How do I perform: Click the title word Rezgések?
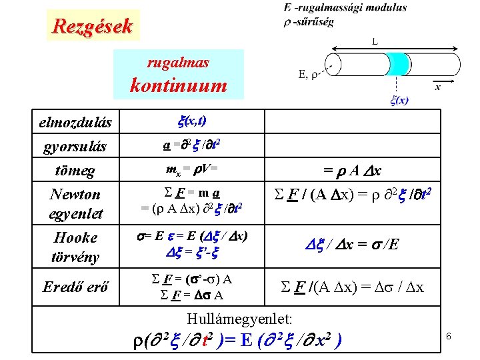93,27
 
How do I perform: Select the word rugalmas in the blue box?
178,63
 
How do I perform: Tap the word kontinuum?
178,85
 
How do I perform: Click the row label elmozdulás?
75,123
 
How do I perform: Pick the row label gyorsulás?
75,146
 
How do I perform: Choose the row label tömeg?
75,171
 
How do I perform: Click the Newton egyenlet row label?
75,204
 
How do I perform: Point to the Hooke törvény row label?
75,247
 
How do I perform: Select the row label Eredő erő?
75,287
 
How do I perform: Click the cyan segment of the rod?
399,65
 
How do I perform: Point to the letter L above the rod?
375,41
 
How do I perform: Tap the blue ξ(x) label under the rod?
399,101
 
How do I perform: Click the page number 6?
449,337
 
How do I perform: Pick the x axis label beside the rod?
437,86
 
